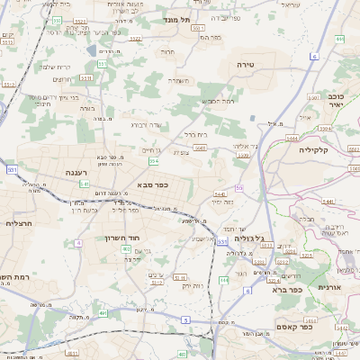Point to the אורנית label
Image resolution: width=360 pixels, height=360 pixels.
(x=330, y=286)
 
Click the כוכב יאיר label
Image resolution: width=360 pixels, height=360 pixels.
(x=335, y=100)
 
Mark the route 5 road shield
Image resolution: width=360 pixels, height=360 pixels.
(x=185, y=319)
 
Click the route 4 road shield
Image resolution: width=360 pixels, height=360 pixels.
(x=79, y=243)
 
